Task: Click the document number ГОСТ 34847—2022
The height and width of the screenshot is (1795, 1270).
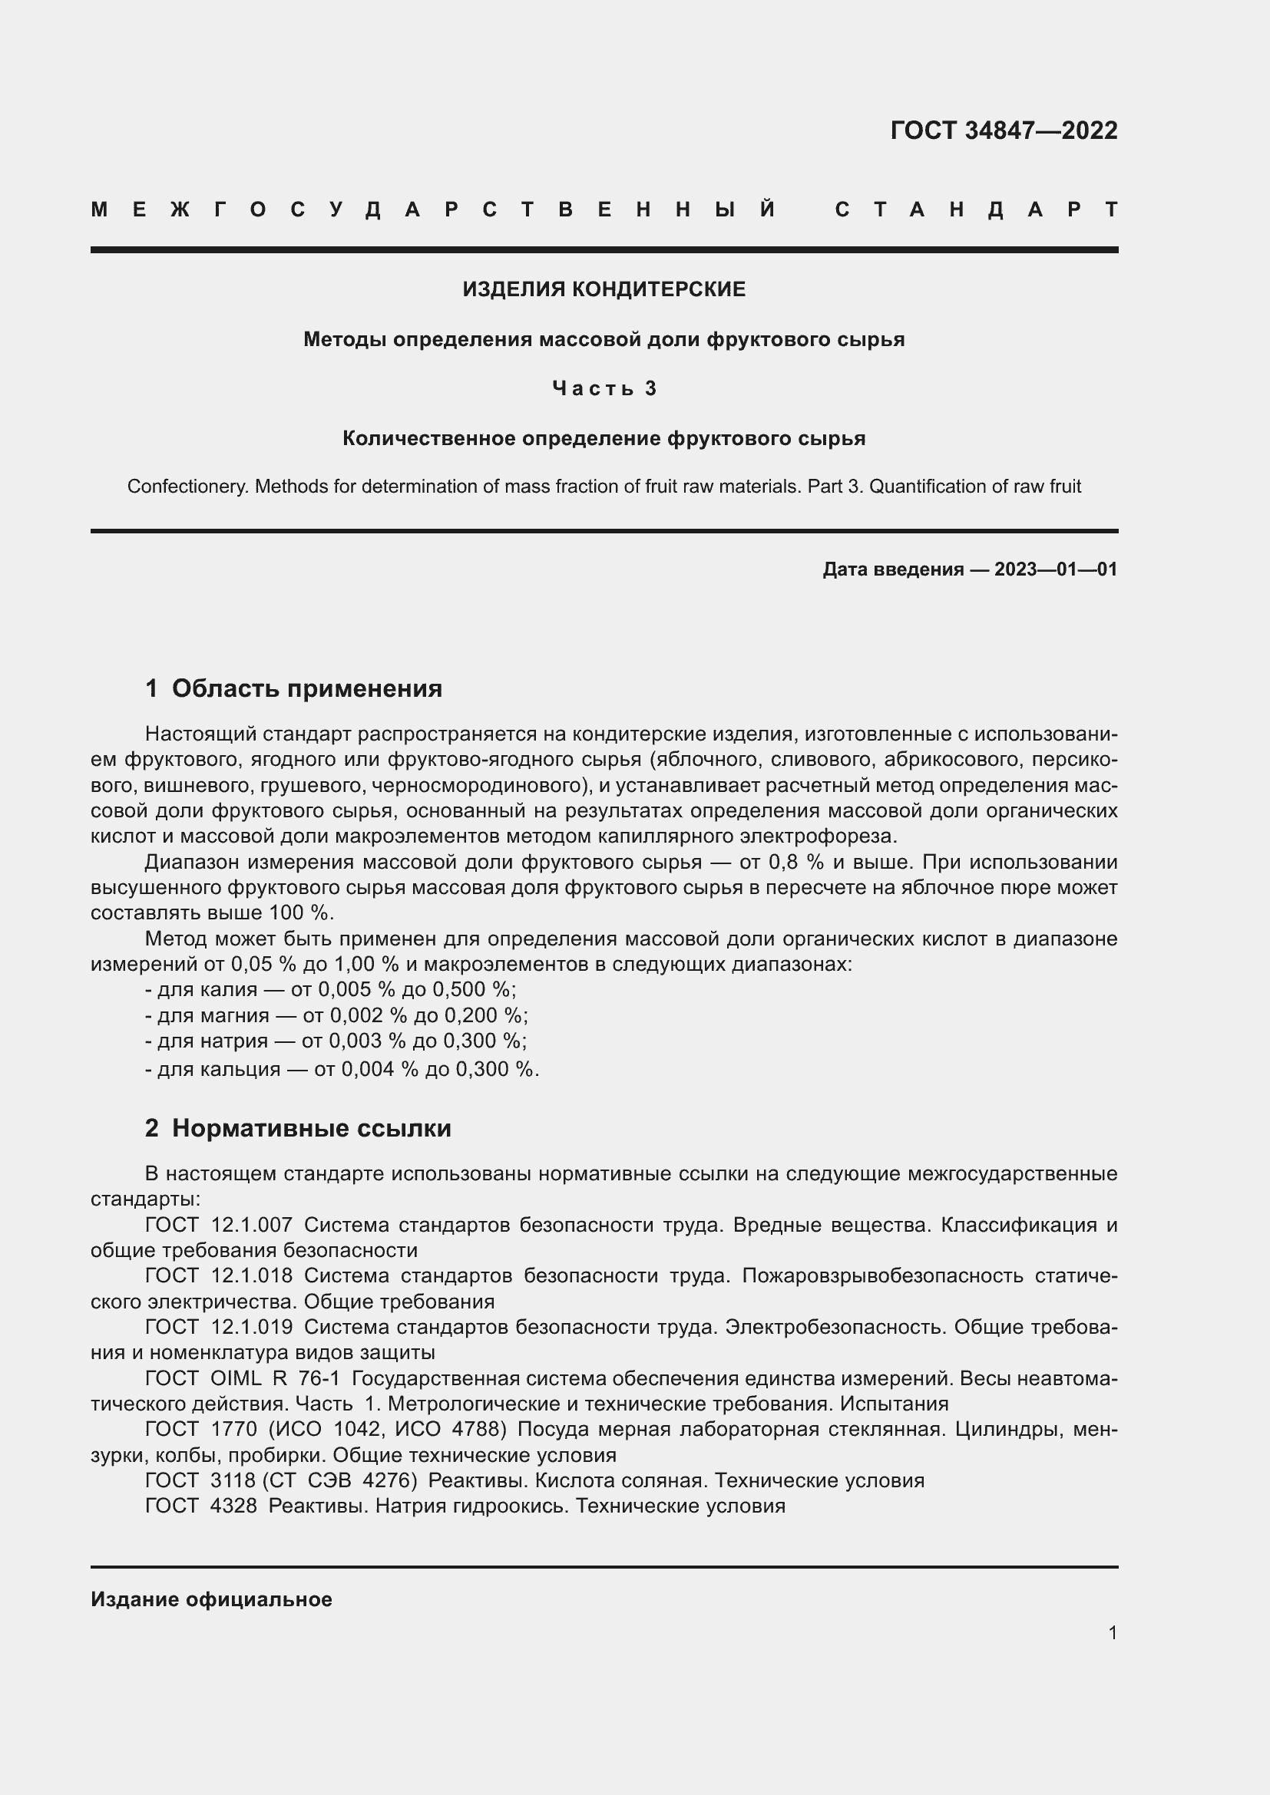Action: click(1004, 130)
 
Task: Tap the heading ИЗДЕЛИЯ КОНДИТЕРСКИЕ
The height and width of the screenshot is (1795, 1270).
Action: click(604, 289)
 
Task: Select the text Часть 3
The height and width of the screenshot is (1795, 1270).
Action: click(604, 388)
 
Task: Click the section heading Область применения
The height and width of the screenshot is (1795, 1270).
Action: click(306, 688)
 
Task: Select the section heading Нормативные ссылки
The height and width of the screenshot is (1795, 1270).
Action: click(311, 1128)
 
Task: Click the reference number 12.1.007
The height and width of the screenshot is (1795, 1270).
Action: click(251, 1225)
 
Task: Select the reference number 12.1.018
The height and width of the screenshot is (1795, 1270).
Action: click(251, 1276)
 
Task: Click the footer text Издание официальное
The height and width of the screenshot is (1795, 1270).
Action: click(211, 1599)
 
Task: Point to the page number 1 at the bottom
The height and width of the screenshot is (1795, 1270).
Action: click(1112, 1632)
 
